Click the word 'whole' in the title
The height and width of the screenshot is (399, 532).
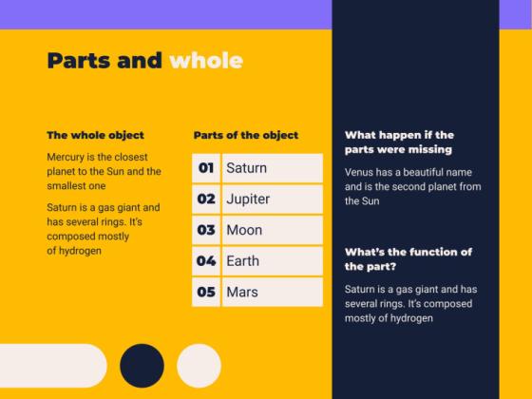206,61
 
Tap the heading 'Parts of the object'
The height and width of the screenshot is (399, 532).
245,135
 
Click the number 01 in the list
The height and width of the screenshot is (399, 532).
205,168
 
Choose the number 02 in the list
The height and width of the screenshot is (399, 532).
205,199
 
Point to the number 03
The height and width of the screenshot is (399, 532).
205,230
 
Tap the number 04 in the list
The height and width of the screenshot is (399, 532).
205,261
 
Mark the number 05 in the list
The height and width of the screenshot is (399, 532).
205,292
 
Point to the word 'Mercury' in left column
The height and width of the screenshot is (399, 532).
68,157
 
